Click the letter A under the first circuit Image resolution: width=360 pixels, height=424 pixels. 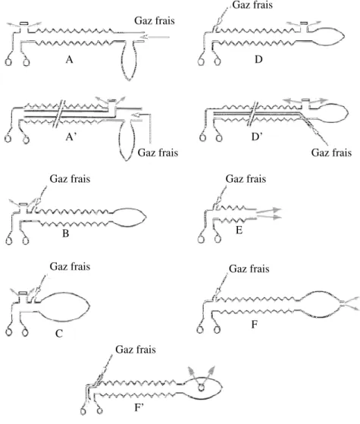70,59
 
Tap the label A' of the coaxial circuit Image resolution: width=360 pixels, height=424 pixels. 71,137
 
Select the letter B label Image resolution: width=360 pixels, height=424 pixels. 66,233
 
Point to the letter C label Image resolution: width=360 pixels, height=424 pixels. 59,334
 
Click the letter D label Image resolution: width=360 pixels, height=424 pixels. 258,59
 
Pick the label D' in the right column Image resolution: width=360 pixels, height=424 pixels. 257,137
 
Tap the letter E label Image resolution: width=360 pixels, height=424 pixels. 239,230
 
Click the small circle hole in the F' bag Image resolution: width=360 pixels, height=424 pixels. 201,388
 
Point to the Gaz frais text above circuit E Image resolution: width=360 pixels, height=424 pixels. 246,179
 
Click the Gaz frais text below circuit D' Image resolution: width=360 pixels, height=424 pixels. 331,152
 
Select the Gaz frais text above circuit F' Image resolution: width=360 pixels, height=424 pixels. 136,350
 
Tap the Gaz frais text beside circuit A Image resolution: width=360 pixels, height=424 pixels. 155,20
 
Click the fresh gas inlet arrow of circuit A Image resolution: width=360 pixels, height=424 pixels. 155,36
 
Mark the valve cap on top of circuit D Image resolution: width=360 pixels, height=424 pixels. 305,22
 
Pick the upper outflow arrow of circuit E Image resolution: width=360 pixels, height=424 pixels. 269,211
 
